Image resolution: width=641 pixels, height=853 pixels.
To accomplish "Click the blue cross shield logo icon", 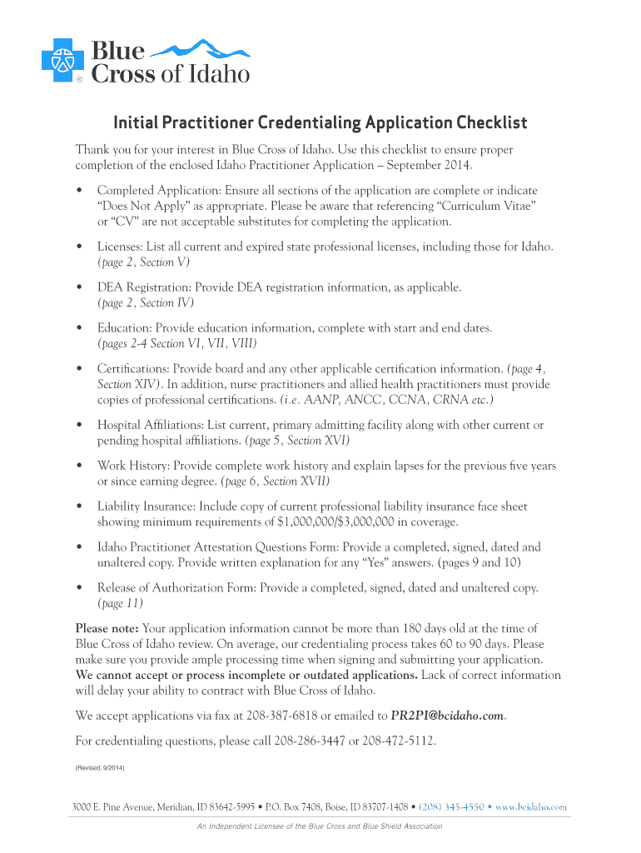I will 61,60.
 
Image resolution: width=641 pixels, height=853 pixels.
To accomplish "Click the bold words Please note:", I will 107,628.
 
